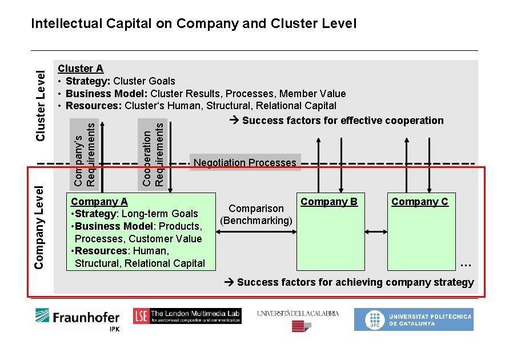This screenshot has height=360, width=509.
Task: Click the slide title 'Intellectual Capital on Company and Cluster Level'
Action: click(194, 23)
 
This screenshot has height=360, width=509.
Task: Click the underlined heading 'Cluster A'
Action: click(81, 69)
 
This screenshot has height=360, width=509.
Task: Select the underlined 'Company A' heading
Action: click(99, 201)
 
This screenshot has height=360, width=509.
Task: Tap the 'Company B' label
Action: click(328, 201)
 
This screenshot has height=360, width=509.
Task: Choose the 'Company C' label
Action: click(419, 201)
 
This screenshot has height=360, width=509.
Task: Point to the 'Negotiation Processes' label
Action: click(245, 163)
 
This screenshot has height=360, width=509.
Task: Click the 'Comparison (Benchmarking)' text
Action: click(256, 214)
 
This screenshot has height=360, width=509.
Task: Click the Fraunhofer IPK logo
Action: click(77, 320)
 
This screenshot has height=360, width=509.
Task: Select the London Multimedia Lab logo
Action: click(187, 316)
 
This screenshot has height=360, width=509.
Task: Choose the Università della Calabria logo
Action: click(298, 320)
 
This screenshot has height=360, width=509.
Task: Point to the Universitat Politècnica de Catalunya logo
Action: click(413, 319)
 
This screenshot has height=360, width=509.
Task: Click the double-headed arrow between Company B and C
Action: click(375, 231)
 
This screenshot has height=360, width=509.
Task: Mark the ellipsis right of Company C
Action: click(466, 265)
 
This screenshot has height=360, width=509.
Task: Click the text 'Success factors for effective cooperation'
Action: click(342, 120)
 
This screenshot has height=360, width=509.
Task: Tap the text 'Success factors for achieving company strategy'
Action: click(355, 282)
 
